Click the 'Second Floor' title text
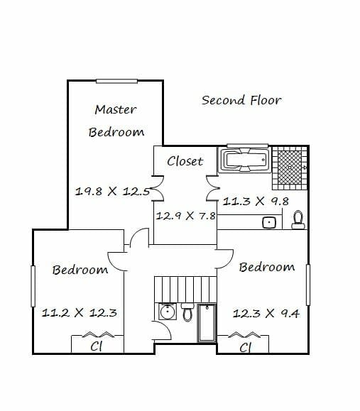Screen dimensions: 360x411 tap(241, 100)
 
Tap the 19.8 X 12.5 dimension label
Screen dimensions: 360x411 tap(112, 192)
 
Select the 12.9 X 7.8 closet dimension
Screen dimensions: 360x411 tap(185, 216)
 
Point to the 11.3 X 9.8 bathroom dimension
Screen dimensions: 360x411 tap(256, 202)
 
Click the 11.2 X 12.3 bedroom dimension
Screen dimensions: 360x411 tap(80, 313)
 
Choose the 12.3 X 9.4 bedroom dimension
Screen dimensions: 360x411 tap(266, 313)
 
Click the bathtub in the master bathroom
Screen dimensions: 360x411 tap(244, 160)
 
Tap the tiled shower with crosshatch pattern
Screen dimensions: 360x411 tap(290, 168)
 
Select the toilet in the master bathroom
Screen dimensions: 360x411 tap(298, 220)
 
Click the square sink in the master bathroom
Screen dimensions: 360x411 tap(269, 223)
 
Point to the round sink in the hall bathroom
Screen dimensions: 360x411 tap(166, 312)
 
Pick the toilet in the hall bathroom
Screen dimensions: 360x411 tap(187, 312)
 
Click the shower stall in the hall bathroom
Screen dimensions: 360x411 tap(207, 323)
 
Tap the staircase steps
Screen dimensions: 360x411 tap(185, 290)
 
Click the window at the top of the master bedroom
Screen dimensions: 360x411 tap(116, 81)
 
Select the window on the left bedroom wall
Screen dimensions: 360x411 tap(33, 286)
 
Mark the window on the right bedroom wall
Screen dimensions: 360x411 tap(308, 285)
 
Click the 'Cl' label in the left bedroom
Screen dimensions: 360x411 tap(97, 346)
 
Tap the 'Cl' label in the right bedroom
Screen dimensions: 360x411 tap(246, 348)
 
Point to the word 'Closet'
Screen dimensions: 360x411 tap(185, 161)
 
